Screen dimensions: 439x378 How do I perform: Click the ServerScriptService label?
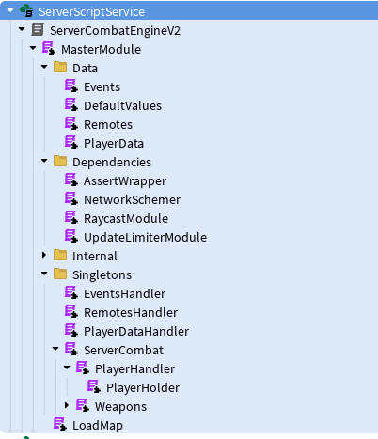point(91,11)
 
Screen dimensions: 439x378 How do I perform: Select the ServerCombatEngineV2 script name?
point(114,30)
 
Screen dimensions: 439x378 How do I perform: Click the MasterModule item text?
point(101,49)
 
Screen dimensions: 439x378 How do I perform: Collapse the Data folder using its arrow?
point(44,68)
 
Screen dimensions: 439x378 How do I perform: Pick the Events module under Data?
point(102,86)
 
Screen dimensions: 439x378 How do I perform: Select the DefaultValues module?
point(122,105)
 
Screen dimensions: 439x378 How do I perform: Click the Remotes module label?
point(108,124)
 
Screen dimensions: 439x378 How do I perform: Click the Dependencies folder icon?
point(60,162)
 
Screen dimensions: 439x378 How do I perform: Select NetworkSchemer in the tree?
point(132,199)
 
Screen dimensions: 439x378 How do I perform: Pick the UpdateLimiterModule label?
point(145,237)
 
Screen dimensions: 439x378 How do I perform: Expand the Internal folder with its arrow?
point(44,256)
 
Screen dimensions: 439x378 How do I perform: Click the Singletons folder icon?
point(60,274)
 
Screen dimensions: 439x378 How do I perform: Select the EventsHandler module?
point(124,293)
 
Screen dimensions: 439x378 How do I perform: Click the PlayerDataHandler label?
point(136,331)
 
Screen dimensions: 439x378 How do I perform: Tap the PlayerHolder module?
point(143,387)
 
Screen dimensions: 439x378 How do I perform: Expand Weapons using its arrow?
point(67,406)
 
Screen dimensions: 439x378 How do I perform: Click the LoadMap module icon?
point(60,425)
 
